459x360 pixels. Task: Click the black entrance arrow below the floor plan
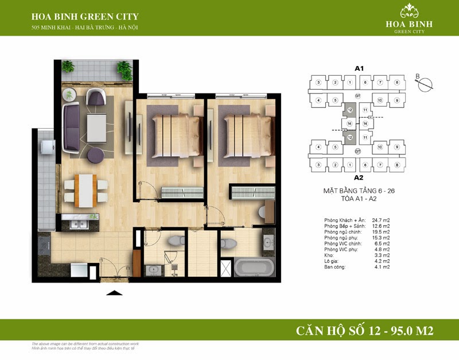coord(115,293)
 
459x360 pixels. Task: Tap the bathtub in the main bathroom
coord(254,267)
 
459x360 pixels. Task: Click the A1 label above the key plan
coord(359,68)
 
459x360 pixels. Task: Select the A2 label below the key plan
coord(359,177)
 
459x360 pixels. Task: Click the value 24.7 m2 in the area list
coord(379,220)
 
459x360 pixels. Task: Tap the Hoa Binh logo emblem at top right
coord(409,10)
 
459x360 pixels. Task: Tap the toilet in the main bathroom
coord(227,242)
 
